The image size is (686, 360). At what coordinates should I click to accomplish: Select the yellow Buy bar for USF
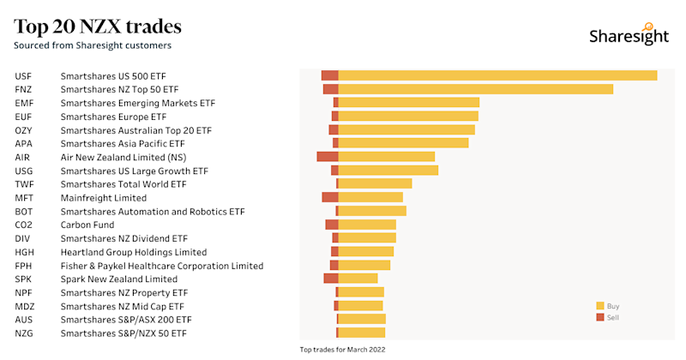[497, 75]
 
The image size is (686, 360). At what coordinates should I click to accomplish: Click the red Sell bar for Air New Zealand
[328, 157]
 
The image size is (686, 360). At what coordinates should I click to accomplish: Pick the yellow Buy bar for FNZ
[476, 89]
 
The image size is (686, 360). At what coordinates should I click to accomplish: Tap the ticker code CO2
[23, 225]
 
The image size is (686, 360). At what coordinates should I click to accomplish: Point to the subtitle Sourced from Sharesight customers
[93, 45]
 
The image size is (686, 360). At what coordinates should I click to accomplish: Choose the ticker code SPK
[23, 279]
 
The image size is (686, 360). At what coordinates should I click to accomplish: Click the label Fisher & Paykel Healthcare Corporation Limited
[161, 266]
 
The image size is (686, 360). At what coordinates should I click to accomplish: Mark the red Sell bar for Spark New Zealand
[331, 279]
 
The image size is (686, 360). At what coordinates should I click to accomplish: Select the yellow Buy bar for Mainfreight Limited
[370, 197]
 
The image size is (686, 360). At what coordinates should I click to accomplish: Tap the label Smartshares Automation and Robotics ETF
[152, 211]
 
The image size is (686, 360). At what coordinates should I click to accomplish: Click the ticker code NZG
[23, 333]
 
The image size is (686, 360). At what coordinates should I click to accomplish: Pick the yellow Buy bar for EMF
[409, 103]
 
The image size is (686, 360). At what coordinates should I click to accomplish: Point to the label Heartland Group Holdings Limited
[133, 252]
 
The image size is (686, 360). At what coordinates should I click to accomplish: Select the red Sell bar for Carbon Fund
[332, 225]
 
